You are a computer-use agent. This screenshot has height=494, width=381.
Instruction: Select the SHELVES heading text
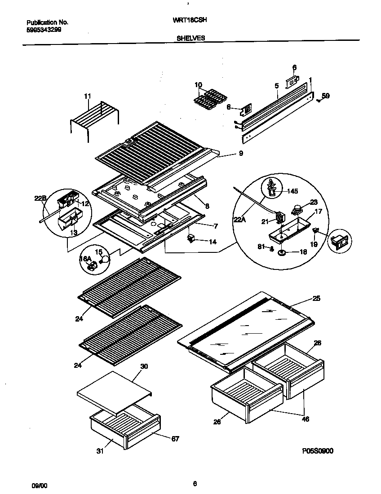tap(190, 39)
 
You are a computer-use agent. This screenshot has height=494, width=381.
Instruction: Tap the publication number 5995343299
tap(44, 30)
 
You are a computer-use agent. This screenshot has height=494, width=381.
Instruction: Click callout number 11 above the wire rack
tap(87, 96)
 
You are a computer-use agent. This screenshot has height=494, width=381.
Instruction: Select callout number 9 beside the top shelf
tap(241, 154)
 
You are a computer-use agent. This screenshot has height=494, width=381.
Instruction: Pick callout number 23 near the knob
tap(314, 202)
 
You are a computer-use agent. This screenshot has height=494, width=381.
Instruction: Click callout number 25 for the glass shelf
tap(317, 299)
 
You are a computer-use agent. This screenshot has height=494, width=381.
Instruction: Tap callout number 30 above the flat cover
tap(144, 366)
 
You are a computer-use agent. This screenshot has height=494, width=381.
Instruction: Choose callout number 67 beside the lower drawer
tap(175, 439)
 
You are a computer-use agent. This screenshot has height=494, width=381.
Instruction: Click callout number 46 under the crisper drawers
tap(305, 419)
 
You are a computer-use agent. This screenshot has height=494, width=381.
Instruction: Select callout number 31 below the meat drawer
tap(100, 451)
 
